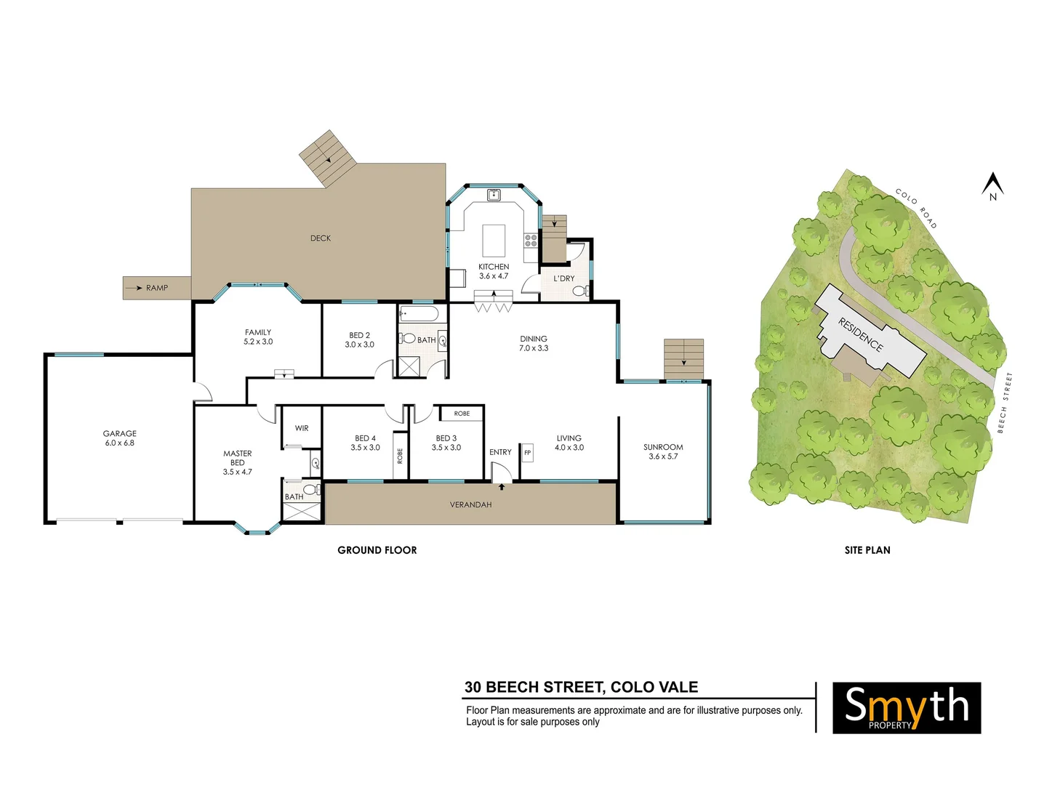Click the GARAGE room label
pyautogui.click(x=120, y=434)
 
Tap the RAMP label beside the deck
pyautogui.click(x=156, y=288)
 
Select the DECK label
pyautogui.click(x=321, y=238)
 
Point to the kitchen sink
pyautogui.click(x=494, y=194)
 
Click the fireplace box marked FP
pyautogui.click(x=527, y=453)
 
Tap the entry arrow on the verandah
pyautogui.click(x=502, y=487)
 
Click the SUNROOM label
pyautogui.click(x=663, y=448)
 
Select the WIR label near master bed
pyautogui.click(x=302, y=429)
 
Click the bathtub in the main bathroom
pyautogui.click(x=419, y=315)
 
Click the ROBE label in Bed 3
pyautogui.click(x=462, y=414)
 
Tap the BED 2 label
pyautogui.click(x=359, y=336)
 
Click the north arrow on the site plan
pyautogui.click(x=992, y=185)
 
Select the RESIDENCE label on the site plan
pyautogui.click(x=861, y=334)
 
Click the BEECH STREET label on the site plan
pyautogui.click(x=1004, y=403)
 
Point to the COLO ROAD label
pyautogui.click(x=916, y=208)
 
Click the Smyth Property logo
pyautogui.click(x=907, y=707)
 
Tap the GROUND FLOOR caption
pyautogui.click(x=377, y=550)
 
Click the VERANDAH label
pyautogui.click(x=470, y=504)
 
